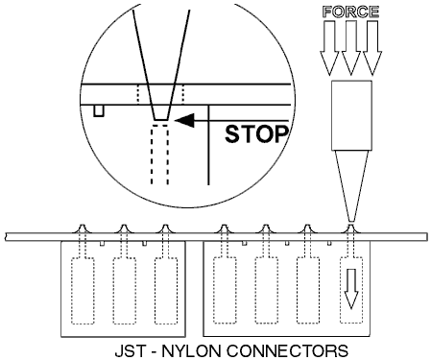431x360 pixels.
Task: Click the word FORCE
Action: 351,12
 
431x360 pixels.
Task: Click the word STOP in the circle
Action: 256,134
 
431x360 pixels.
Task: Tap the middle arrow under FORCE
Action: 351,48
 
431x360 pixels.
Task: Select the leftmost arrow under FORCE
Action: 329,48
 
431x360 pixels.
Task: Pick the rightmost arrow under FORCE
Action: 372,48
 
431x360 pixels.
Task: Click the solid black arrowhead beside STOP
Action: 185,120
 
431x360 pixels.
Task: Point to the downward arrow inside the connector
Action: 351,289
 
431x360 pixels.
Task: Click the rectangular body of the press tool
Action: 351,115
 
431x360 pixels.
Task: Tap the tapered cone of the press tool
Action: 351,186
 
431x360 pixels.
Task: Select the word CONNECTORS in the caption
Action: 287,351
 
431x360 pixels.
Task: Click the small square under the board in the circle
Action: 99,110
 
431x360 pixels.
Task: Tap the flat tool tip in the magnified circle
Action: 160,119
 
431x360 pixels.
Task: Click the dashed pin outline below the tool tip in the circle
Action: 160,155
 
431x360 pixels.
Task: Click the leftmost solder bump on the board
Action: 82,228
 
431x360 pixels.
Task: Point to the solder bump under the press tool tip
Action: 351,228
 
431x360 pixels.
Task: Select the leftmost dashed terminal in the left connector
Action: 83,291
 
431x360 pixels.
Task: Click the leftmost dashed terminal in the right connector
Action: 225,290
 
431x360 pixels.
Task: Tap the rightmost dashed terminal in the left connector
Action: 166,291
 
